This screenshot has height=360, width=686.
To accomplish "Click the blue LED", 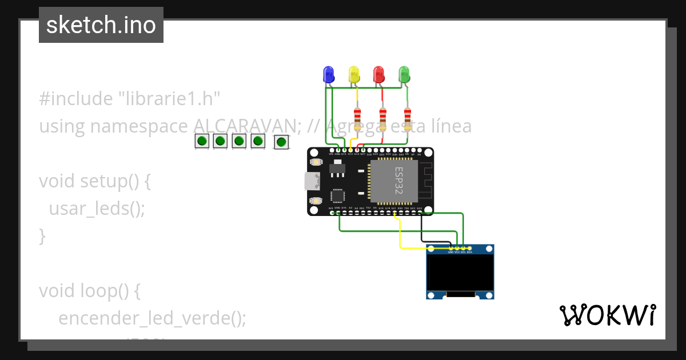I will coord(328,74).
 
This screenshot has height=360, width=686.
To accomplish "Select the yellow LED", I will coord(354,75).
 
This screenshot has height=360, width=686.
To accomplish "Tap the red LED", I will coord(378,75).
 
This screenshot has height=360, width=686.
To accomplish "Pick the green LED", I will coord(404,75).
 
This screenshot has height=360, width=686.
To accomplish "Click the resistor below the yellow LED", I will coord(357,118).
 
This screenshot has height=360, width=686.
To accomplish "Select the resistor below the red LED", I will coord(382,118).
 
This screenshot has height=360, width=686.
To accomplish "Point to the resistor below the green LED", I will coord(407,118).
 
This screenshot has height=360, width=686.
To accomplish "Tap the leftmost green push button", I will coord(201,141).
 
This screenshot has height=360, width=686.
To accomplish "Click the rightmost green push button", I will coord(281,142).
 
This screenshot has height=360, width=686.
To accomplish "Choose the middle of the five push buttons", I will coord(239,141).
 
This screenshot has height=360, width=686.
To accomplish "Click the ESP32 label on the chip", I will coord(398,181).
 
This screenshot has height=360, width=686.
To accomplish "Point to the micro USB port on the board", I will coord(312,182).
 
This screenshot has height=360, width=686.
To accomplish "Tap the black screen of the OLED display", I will coord(460,272).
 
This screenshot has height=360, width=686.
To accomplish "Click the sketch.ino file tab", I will coord(101,25).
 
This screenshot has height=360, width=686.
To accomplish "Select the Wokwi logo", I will coord(607,315).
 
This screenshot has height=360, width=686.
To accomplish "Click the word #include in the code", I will coord(75,99).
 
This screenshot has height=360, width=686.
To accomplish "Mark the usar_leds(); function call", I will coord(97,209).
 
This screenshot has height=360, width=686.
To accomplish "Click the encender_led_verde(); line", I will coord(152,318).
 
